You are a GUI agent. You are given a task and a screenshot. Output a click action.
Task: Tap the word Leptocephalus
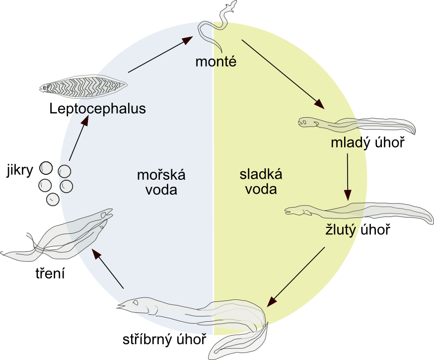pos(97,108)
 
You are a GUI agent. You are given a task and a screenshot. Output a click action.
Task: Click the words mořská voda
pos(161,182)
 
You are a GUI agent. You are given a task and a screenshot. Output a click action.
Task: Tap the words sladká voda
pos(261,182)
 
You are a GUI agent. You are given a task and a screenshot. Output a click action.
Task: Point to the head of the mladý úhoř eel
pos(308,121)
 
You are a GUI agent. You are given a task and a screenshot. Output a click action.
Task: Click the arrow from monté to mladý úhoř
pos(283,73)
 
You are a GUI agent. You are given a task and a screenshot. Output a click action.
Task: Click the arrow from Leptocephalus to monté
pos(160,54)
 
